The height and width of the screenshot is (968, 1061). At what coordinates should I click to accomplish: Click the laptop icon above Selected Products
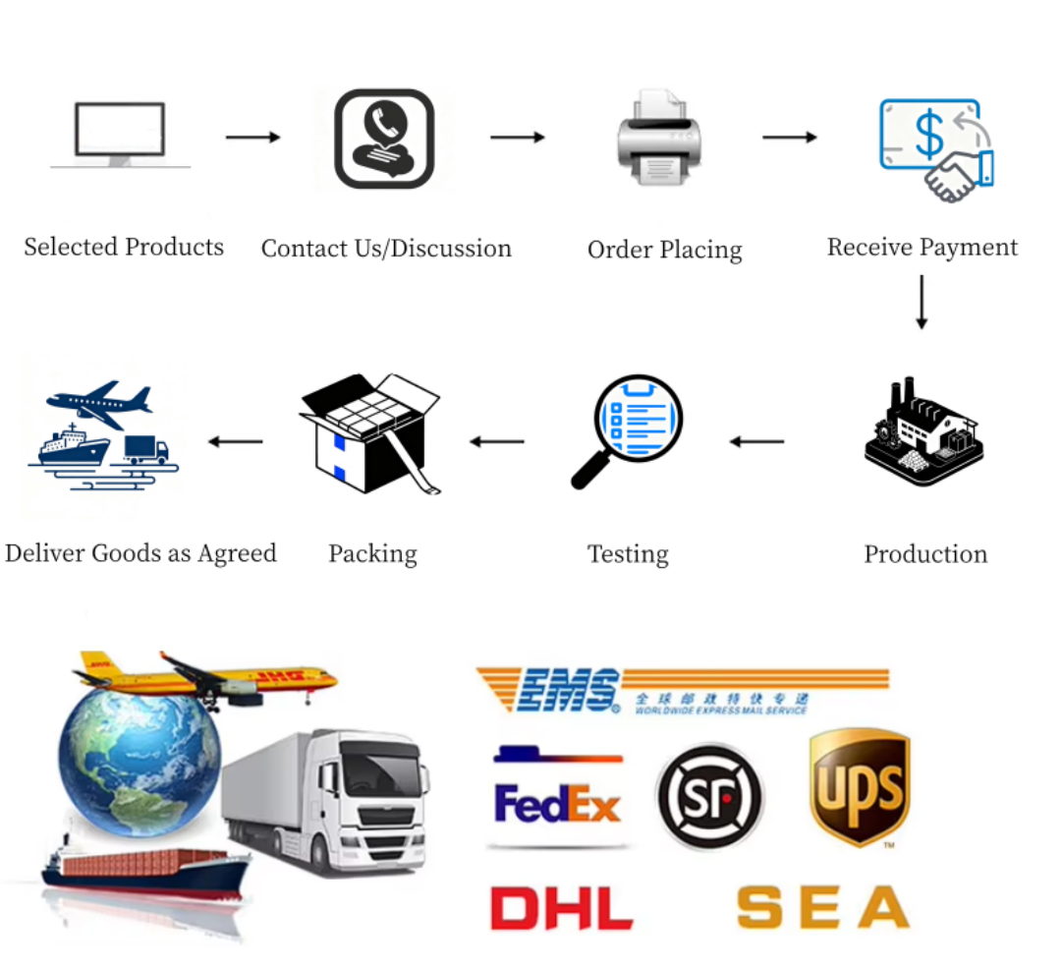[120, 135]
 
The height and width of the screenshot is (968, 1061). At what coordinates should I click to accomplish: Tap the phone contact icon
[384, 139]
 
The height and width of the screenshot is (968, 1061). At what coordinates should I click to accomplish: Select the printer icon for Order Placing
[658, 139]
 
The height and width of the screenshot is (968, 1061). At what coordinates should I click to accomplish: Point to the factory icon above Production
[923, 432]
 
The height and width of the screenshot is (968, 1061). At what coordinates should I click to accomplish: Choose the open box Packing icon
[370, 432]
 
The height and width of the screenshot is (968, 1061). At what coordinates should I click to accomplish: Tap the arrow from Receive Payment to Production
[921, 303]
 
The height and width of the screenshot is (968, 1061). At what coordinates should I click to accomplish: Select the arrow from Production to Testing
[756, 441]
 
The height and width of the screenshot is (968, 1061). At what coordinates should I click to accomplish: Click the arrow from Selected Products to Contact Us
[252, 137]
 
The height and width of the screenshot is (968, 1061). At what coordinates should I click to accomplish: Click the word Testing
[628, 554]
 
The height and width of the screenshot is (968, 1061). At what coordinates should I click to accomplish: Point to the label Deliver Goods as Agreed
[140, 553]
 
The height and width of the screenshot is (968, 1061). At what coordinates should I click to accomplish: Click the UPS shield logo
[859, 787]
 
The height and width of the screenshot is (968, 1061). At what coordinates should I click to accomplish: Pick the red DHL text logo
[561, 908]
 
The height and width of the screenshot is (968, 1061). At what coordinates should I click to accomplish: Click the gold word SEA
[823, 907]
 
